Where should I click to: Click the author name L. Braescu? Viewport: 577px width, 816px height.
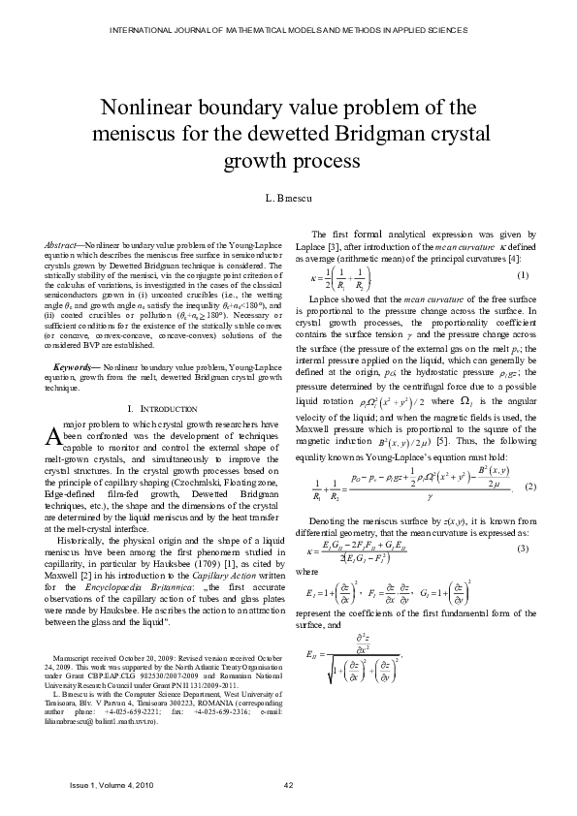[x=288, y=198]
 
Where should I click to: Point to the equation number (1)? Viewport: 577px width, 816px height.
[x=523, y=276]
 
